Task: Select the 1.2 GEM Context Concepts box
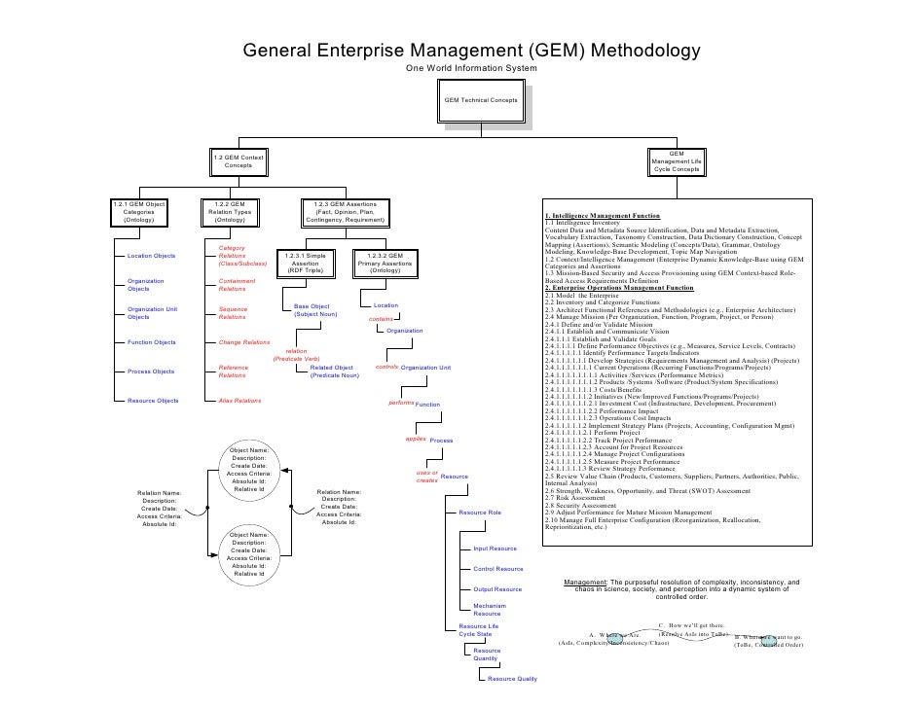(238, 162)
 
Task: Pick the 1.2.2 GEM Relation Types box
(231, 212)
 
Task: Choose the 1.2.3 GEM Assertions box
(346, 212)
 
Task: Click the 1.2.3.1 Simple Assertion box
(306, 263)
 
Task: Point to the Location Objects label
(152, 256)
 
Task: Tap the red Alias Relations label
(239, 401)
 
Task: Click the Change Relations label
(243, 342)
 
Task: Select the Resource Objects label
(153, 401)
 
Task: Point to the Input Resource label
(495, 549)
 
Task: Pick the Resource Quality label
(512, 678)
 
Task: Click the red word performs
(400, 402)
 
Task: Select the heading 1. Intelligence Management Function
(603, 215)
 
